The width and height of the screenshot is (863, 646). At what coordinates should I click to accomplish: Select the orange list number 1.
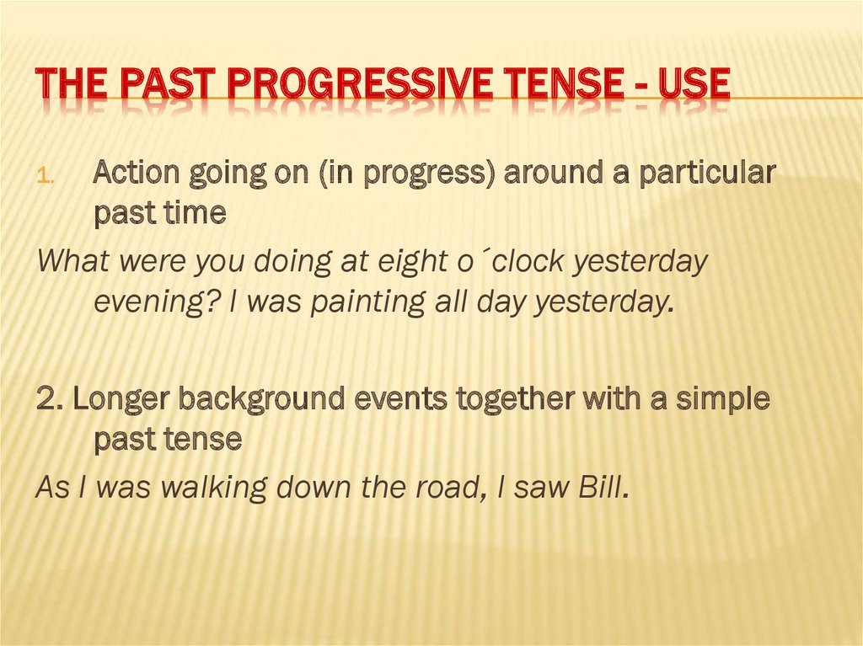click(x=46, y=178)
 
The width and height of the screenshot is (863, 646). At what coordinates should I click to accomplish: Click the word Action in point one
click(x=134, y=174)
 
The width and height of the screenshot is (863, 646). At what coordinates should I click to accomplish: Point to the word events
click(x=404, y=399)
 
